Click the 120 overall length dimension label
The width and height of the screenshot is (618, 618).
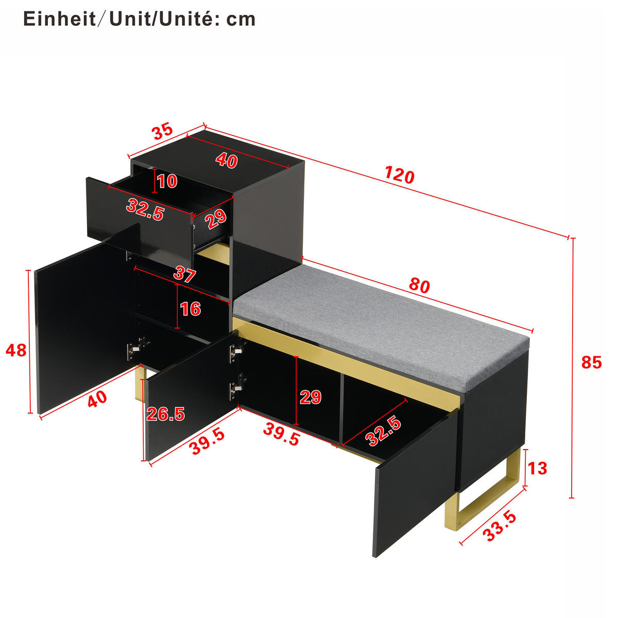399,176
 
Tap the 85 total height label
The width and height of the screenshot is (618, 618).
591,363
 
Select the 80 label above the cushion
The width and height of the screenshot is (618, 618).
419,286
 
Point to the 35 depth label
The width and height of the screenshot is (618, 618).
163,132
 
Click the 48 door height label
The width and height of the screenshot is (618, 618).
16,351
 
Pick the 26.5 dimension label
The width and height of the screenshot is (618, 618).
165,414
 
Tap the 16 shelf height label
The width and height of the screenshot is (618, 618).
191,309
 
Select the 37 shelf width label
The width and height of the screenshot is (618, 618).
184,274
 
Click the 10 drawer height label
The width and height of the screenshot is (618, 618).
167,181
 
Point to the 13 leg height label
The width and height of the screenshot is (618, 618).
537,469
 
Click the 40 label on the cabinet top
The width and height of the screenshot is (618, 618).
227,160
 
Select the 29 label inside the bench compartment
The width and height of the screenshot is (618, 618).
311,397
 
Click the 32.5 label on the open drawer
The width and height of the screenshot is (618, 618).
145,210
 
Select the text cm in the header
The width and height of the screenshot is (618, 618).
241,20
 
